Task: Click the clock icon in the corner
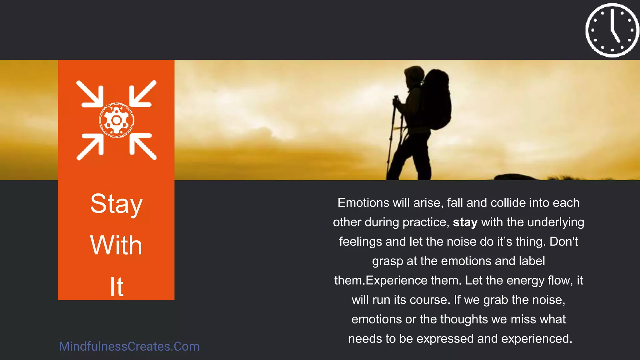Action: click(612, 30)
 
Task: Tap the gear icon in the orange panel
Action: click(117, 120)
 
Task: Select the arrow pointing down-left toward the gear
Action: click(142, 94)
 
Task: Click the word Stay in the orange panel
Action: click(116, 204)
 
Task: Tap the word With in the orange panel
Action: click(116, 246)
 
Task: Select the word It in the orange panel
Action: click(117, 287)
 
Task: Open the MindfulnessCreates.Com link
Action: click(129, 347)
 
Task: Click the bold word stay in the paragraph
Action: click(465, 222)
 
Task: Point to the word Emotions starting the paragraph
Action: click(363, 203)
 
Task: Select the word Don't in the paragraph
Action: click(564, 242)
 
